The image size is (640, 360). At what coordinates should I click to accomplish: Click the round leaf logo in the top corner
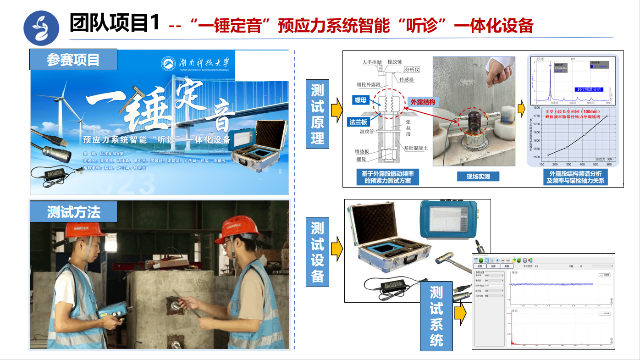click(x=41, y=28)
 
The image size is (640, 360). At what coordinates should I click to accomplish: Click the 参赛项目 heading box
click(x=73, y=60)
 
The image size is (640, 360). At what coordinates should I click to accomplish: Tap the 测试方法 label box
click(x=73, y=212)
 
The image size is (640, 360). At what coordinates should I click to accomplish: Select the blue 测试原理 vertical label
click(x=317, y=114)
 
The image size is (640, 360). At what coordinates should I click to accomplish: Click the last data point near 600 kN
click(x=607, y=116)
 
